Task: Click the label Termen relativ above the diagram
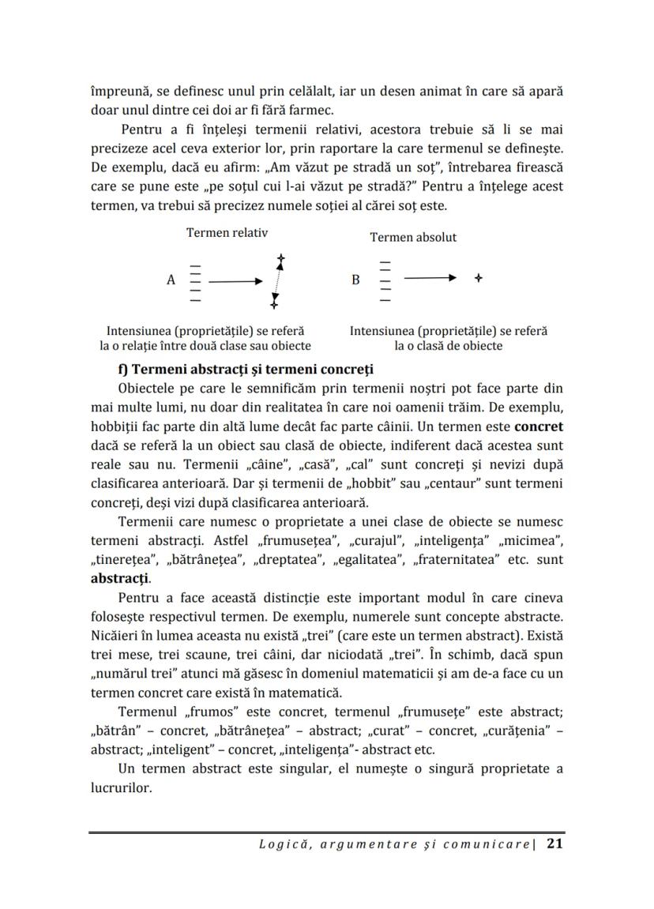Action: click(x=227, y=232)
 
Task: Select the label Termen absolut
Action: click(x=413, y=237)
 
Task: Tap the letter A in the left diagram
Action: click(x=171, y=280)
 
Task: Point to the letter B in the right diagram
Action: click(x=355, y=280)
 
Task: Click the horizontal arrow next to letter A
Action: click(x=235, y=280)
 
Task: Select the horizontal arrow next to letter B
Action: click(x=430, y=278)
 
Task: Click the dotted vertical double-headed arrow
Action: click(x=277, y=280)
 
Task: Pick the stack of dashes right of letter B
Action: click(x=385, y=280)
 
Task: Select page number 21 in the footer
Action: click(x=554, y=844)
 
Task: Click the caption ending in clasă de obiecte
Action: click(x=448, y=338)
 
